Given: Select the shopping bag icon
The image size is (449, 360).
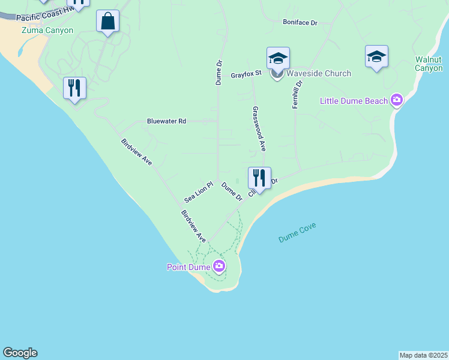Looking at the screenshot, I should [108, 22].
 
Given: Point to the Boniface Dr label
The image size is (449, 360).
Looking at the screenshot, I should [300, 23].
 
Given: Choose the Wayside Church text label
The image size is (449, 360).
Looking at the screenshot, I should [318, 74].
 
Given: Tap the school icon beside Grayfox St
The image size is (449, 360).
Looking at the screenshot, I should [278, 59].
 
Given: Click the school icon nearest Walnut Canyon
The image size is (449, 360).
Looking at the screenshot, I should [376, 57].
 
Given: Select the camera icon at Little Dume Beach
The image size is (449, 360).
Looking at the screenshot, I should [396, 100].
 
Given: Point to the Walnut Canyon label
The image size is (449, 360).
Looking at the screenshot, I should [429, 64].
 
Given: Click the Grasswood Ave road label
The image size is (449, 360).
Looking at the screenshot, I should [259, 129].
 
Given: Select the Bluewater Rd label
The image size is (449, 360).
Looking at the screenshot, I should [166, 121].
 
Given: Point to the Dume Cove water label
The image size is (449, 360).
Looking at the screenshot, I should [297, 233].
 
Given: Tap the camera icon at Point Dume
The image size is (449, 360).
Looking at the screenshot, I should [219, 266].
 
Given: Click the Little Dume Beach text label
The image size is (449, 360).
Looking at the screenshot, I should [354, 101].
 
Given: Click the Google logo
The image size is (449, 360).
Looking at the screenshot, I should [20, 353].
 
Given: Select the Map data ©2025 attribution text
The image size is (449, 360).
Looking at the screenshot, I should [423, 355].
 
